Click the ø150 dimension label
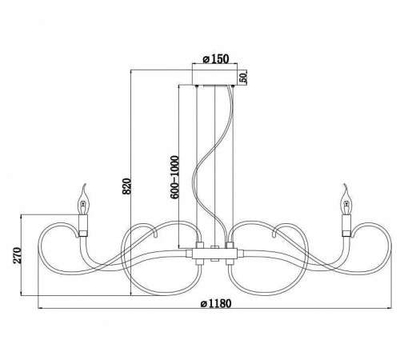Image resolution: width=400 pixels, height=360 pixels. (x=216, y=58)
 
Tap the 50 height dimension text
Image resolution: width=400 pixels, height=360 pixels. (x=242, y=78)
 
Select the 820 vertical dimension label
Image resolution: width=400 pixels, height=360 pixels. (x=126, y=186)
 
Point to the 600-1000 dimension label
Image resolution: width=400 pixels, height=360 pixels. (x=174, y=178)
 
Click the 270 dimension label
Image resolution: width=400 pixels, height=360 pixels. (x=17, y=255)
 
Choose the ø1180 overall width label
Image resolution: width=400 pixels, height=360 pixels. (x=216, y=303)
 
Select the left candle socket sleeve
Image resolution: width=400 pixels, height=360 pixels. (x=83, y=226)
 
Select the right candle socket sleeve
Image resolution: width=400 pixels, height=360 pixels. (x=346, y=226)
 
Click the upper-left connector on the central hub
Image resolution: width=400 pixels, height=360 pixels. (x=200, y=246)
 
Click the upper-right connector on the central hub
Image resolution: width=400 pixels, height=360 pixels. (x=230, y=246)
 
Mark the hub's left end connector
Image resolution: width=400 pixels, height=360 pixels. (x=190, y=254)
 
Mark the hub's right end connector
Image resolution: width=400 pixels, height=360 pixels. (x=241, y=254)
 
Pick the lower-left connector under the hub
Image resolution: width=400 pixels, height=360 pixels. (x=200, y=262)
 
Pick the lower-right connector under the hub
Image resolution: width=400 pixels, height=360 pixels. (x=230, y=262)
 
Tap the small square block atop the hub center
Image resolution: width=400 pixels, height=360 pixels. (x=214, y=247)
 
